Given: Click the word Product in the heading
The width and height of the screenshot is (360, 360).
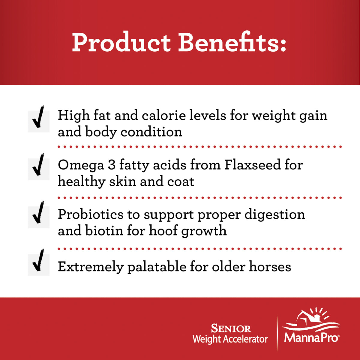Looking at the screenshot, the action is pos(121,42).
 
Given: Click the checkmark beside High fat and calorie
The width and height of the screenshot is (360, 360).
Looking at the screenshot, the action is pos(38,118).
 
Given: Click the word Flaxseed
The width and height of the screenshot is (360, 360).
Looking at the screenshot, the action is pos(253,165).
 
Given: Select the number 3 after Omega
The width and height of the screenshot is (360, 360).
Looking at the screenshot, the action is pos(112,165).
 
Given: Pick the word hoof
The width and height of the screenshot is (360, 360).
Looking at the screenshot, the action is pos(163,230).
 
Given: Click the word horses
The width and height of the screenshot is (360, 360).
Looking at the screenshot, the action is pos(270,266).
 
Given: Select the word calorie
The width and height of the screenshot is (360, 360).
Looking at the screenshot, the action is pos(164,115).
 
